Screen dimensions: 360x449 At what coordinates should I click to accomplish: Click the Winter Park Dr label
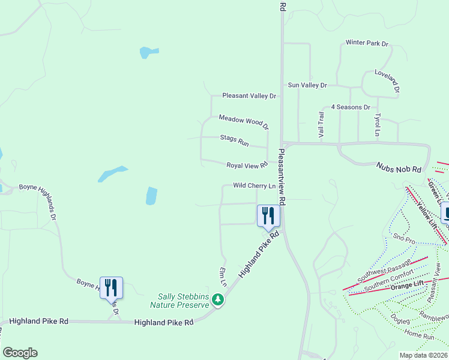point(367,43)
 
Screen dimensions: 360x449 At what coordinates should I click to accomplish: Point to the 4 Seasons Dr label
point(351,107)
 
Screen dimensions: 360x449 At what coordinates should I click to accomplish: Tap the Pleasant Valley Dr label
point(249,95)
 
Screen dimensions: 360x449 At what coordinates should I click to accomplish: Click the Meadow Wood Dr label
point(243,122)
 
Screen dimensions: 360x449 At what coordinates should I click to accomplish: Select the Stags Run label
point(234,141)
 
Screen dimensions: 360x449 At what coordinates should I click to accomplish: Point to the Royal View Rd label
point(246,165)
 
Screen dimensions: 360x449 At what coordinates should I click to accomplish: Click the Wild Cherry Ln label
point(254,186)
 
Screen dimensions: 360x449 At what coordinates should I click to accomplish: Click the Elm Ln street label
point(223,275)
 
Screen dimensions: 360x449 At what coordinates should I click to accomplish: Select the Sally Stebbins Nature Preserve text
point(184,300)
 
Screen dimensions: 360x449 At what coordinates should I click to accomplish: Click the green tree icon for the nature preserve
point(219,299)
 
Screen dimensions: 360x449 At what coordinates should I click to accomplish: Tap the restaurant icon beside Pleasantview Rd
point(268,215)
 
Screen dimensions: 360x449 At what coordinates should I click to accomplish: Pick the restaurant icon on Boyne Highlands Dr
point(111,287)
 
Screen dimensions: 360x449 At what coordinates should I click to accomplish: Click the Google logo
point(20,353)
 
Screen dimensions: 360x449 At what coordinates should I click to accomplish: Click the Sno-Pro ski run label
point(404,240)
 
